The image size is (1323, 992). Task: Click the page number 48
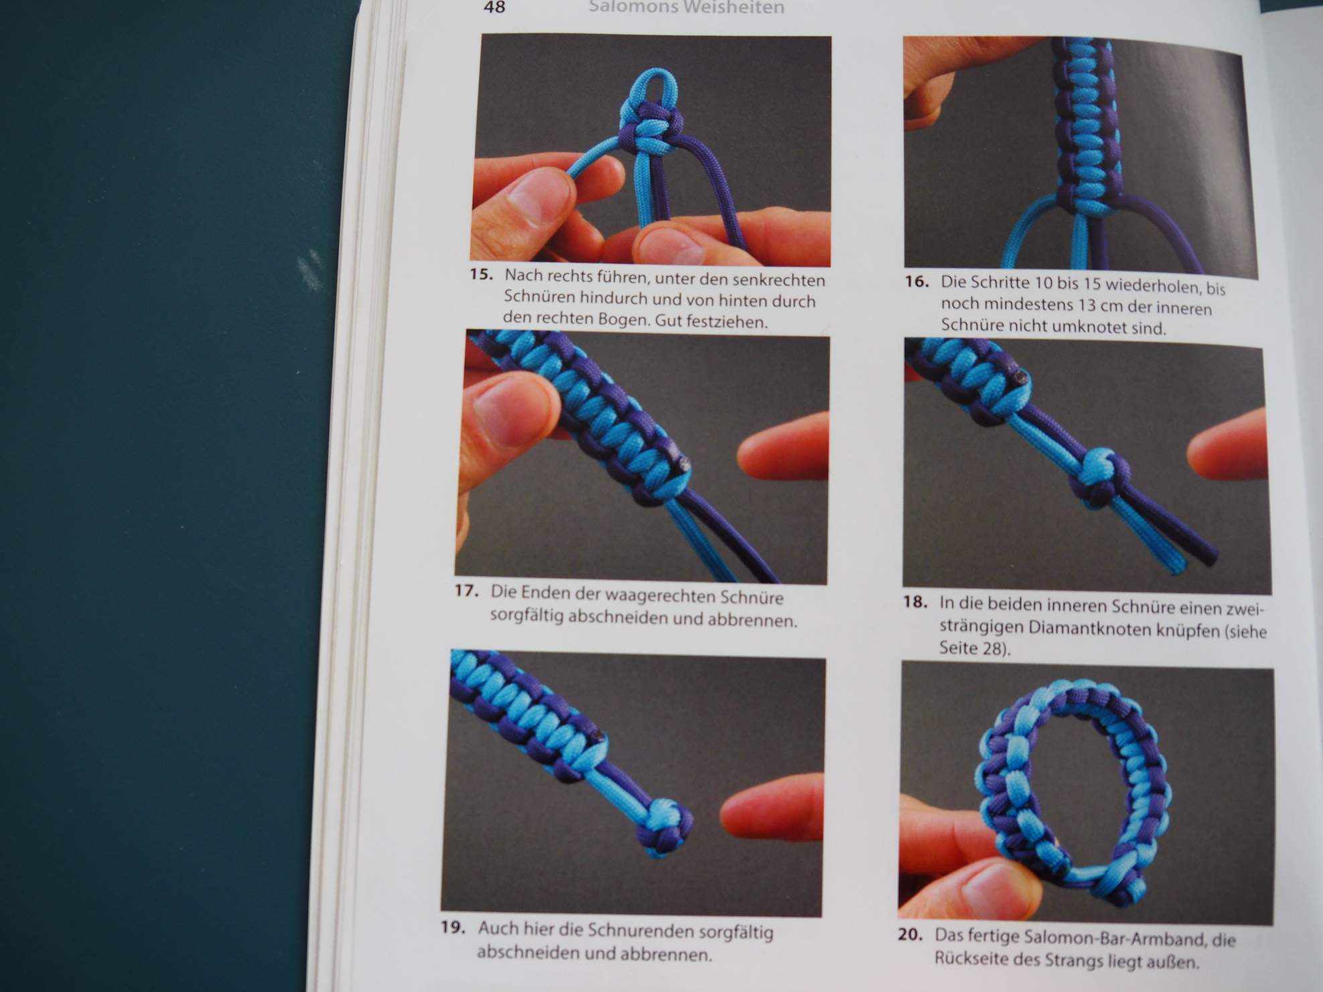coord(494,7)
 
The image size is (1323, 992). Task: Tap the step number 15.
coord(481,274)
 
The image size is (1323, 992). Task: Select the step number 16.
coord(916,281)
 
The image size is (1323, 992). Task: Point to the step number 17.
coord(466,591)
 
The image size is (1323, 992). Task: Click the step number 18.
coord(914,601)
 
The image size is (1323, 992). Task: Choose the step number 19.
coord(453,928)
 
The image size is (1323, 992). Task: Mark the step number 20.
coord(910,934)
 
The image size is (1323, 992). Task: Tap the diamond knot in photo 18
coord(1101,478)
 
